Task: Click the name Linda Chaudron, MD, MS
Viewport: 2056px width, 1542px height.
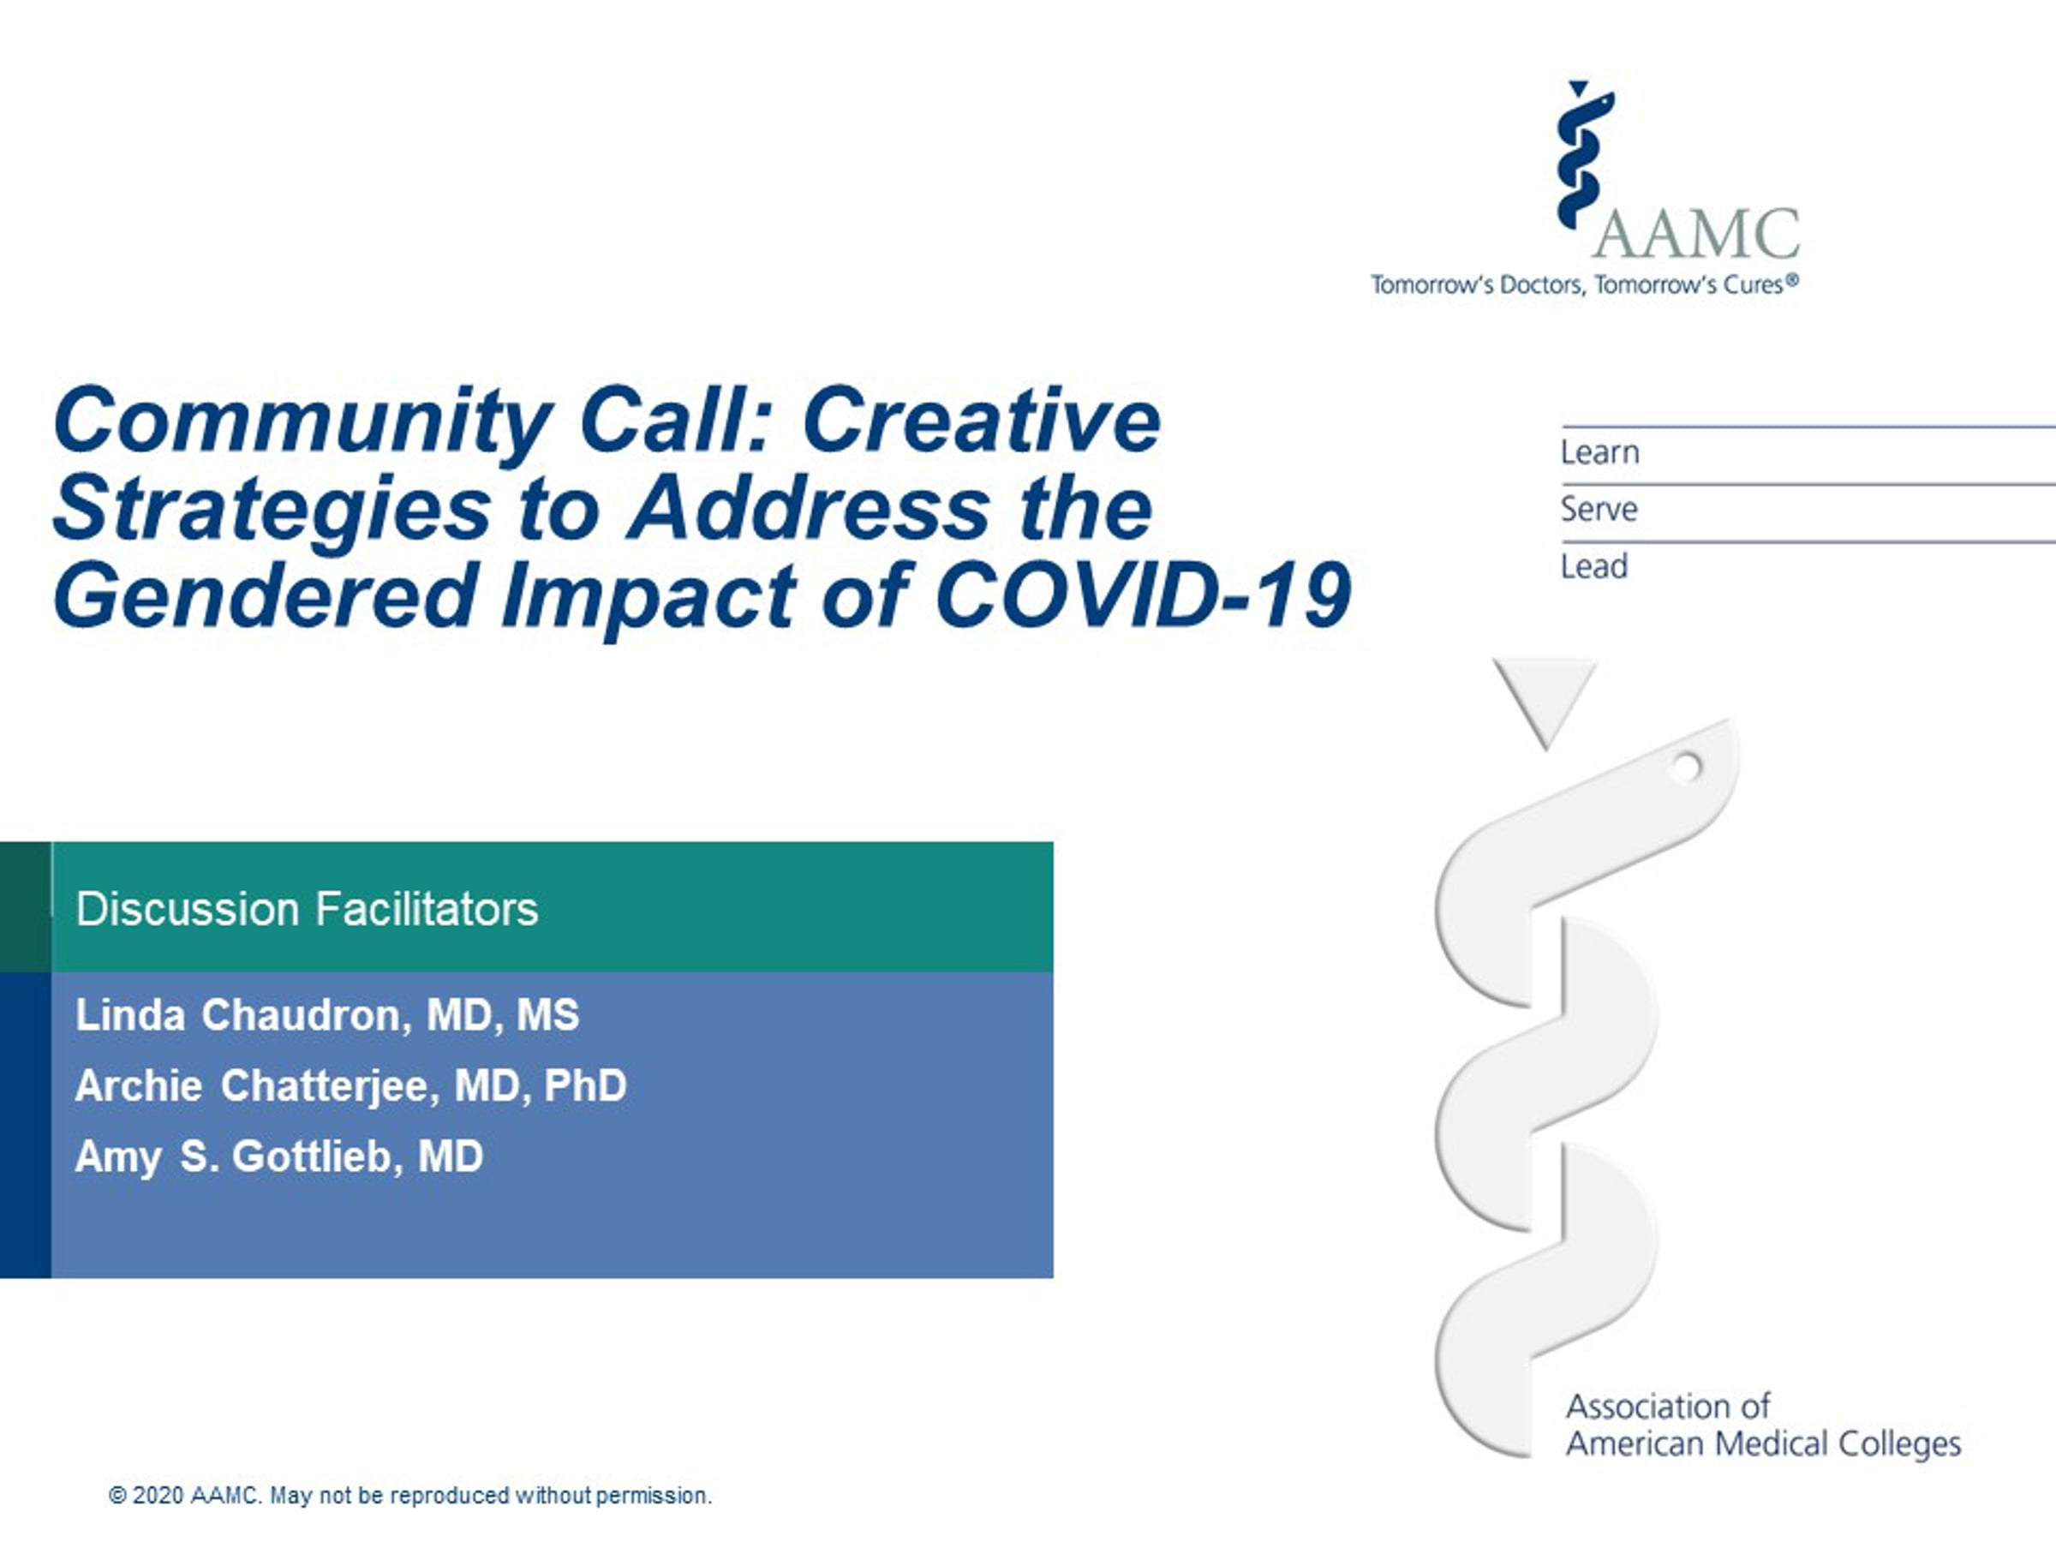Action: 327,1015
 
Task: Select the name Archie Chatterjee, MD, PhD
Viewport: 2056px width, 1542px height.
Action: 351,1086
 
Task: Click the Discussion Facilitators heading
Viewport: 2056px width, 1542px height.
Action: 307,909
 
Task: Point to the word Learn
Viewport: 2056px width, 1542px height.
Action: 1599,452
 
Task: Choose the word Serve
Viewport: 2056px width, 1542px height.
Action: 1599,510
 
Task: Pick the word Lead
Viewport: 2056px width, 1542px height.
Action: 1594,566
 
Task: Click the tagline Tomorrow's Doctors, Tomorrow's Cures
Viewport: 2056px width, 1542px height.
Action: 1585,284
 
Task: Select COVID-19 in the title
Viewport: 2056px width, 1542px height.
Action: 1142,595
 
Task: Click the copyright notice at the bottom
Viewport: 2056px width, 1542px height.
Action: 409,1496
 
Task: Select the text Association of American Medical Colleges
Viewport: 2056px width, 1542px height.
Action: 1763,1425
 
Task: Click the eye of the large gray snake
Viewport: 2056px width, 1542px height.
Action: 1686,767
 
